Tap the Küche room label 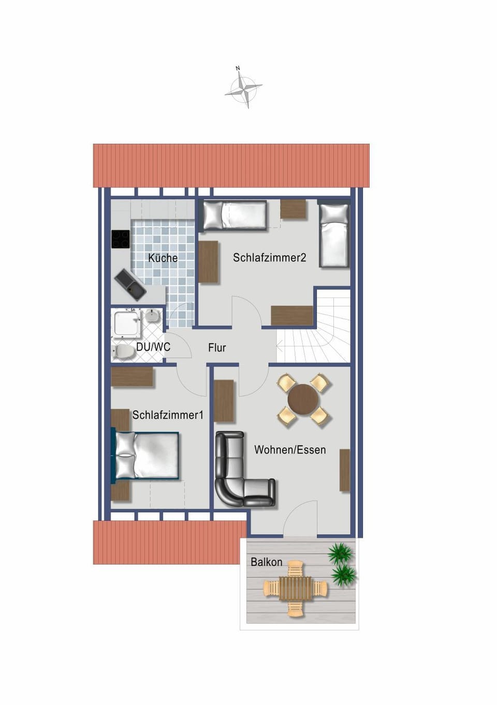pyautogui.click(x=163, y=258)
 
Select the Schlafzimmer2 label pyautogui.click(x=269, y=257)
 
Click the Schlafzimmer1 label pyautogui.click(x=168, y=415)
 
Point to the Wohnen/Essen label pyautogui.click(x=290, y=450)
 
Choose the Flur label pyautogui.click(x=217, y=348)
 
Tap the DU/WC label pyautogui.click(x=153, y=347)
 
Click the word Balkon pyautogui.click(x=267, y=562)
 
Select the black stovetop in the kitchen pyautogui.click(x=121, y=239)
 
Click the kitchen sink pyautogui.click(x=131, y=284)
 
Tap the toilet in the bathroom pyautogui.click(x=123, y=352)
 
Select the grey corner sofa pyautogui.click(x=239, y=474)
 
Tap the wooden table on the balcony pyautogui.click(x=296, y=589)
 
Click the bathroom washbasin pyautogui.click(x=152, y=315)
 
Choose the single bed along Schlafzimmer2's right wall pyautogui.click(x=334, y=235)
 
